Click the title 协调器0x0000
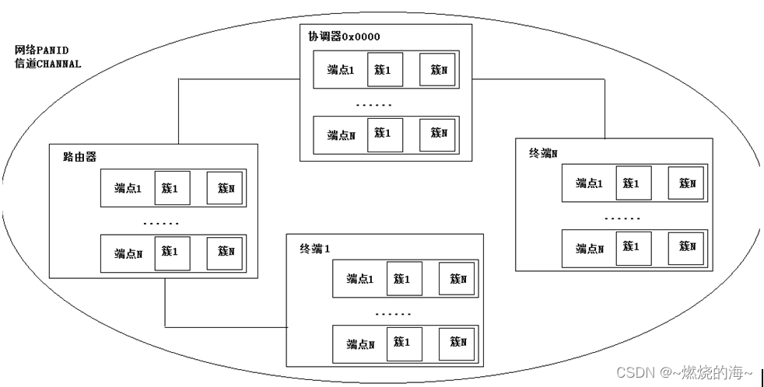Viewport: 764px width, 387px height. coord(343,37)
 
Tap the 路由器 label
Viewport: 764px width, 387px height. coord(79,156)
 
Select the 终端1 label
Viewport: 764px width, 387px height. coord(315,249)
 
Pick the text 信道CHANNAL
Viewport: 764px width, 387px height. coord(47,64)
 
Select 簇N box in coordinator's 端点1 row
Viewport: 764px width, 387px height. coord(438,69)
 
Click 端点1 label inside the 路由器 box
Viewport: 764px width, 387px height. coord(128,188)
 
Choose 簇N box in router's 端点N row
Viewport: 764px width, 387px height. coord(226,252)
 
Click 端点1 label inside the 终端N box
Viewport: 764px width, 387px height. coord(590,183)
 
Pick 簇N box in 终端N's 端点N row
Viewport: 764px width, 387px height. coord(687,247)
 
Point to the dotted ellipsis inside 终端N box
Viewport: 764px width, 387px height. coord(622,218)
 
